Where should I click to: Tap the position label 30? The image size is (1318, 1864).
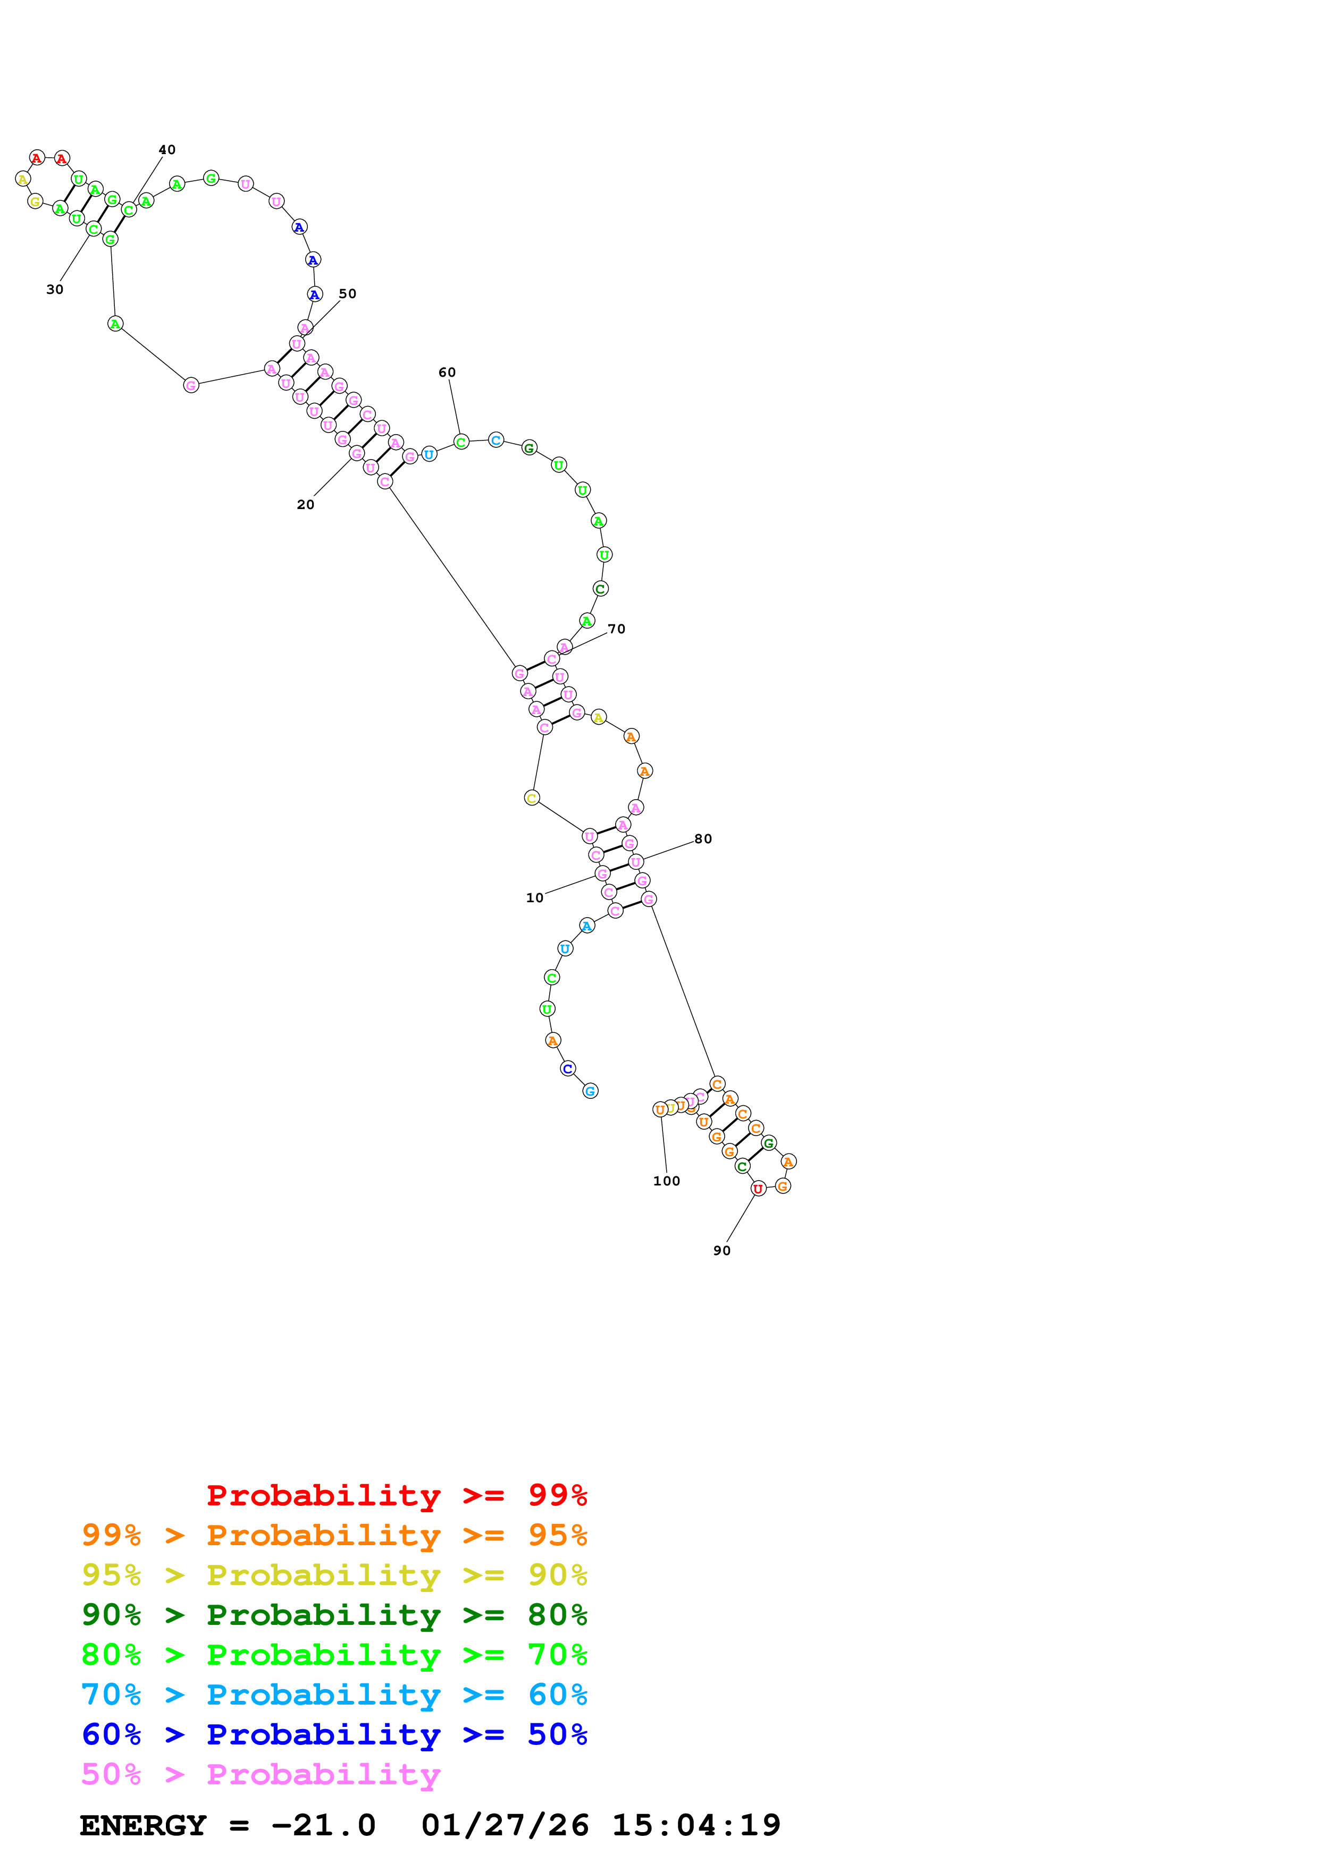pos(54,290)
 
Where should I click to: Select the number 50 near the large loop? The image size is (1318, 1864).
pos(348,294)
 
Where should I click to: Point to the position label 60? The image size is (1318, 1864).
pos(448,372)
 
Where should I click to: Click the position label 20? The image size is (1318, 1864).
pos(305,505)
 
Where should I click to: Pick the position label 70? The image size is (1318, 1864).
pos(617,629)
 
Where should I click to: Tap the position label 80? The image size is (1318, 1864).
pos(703,840)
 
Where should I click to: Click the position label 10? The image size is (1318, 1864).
pos(534,899)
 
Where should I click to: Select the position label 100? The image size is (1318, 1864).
pos(667,1181)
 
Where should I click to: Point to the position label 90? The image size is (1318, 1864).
pos(722,1251)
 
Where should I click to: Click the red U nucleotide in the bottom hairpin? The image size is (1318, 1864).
pos(759,1189)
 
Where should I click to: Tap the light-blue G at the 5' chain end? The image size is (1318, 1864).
pos(590,1092)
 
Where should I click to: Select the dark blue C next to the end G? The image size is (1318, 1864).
pos(568,1069)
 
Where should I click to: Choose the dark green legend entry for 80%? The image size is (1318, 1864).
pos(334,1615)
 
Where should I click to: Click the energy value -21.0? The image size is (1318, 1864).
pos(323,1826)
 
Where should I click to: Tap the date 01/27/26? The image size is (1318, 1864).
pos(505,1826)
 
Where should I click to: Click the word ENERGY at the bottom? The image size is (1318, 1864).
pos(143,1826)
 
